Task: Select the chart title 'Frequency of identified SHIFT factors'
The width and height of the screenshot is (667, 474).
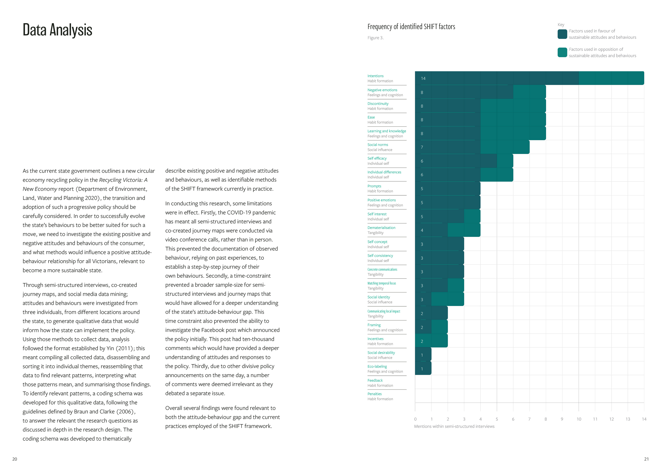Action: [411, 27]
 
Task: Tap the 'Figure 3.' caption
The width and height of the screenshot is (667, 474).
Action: [375, 38]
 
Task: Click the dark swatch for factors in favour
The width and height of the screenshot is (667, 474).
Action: [562, 34]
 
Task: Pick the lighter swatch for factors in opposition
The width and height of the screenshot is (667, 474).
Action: [562, 52]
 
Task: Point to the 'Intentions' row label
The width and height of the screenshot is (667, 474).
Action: [375, 76]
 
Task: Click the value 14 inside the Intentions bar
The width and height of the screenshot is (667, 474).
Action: [423, 79]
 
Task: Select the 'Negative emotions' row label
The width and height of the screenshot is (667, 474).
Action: [382, 90]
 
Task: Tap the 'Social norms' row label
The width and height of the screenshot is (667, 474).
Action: [378, 145]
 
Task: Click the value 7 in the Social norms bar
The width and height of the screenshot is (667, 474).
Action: [422, 147]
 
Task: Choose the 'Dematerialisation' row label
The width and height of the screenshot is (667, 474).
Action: [381, 228]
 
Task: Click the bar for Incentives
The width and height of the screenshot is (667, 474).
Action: [431, 341]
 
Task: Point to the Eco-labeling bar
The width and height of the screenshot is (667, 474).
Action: [423, 368]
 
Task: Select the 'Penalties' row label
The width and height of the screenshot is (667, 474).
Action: [374, 394]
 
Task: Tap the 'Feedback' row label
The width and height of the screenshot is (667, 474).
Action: [375, 380]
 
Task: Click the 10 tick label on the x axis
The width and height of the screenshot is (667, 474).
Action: [579, 419]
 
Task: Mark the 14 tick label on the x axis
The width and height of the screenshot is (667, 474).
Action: [644, 419]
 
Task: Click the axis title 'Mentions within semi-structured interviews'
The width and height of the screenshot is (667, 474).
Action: [454, 426]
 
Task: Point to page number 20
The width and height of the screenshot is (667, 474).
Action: [15, 459]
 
